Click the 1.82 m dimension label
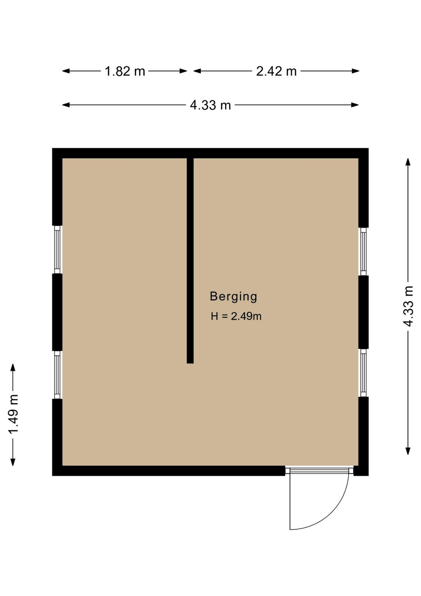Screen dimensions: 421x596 [x=125, y=71]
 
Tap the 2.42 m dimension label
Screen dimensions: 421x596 [x=276, y=71]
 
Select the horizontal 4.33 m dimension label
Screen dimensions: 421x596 [x=210, y=105]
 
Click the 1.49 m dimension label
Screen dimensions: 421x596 [x=13, y=415]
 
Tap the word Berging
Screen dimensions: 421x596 [x=234, y=297]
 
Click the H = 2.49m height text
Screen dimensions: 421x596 [x=236, y=316]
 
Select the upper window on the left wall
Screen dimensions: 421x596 [x=57, y=250]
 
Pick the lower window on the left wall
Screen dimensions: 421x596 [x=57, y=375]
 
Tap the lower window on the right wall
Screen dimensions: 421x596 [x=363, y=373]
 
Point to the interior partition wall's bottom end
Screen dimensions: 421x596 [x=190, y=363]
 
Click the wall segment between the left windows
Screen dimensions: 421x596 [x=57, y=312]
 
